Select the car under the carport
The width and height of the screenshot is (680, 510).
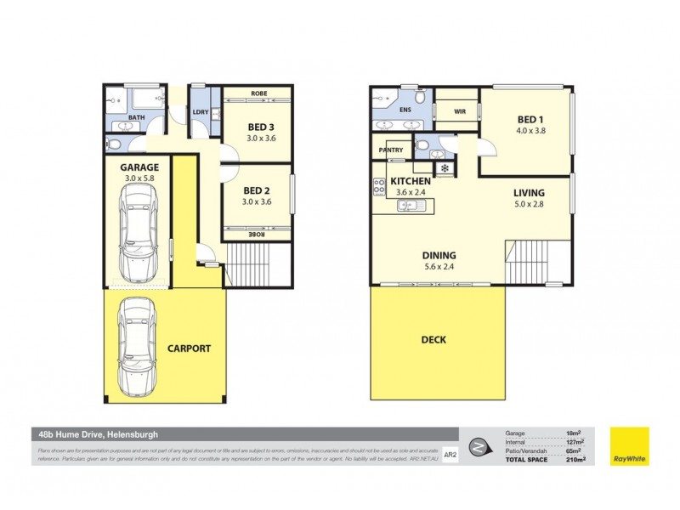(x=136, y=347)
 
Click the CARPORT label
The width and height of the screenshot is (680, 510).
(x=189, y=348)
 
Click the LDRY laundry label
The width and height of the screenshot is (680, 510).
(x=201, y=112)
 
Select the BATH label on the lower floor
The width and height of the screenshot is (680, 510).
(x=136, y=118)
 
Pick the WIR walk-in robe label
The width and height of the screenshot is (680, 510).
(x=460, y=111)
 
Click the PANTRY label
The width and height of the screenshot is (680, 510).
(x=392, y=150)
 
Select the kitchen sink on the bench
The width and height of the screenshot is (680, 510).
(x=410, y=205)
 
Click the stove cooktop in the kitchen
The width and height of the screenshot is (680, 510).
(x=378, y=186)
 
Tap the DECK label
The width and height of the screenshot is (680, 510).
(x=433, y=340)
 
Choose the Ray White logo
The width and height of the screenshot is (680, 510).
(x=629, y=445)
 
